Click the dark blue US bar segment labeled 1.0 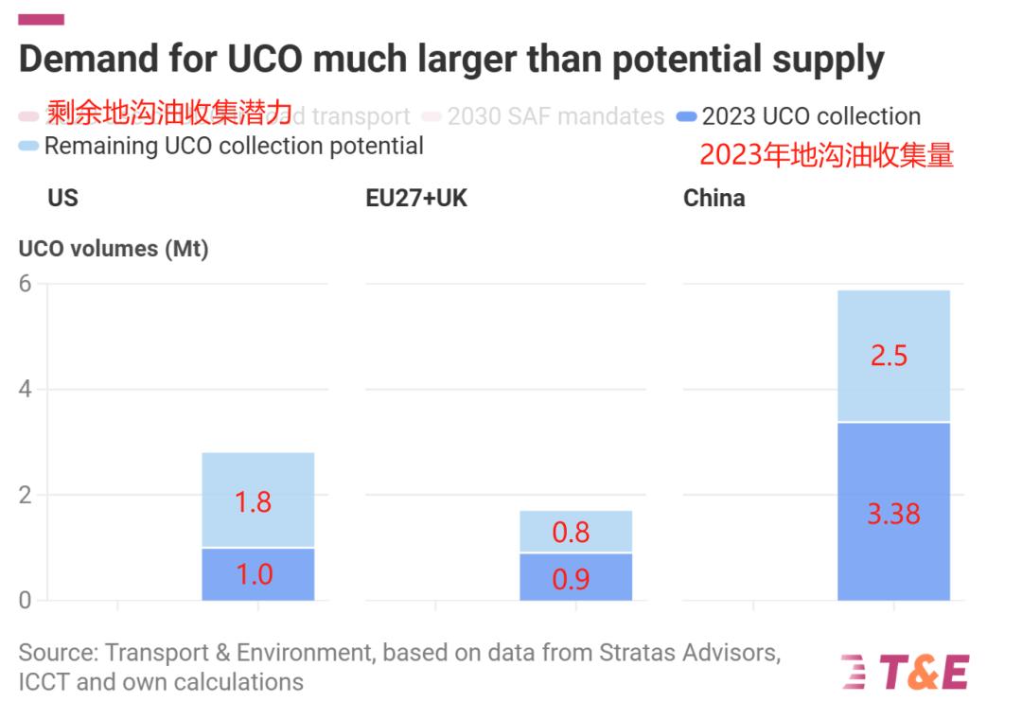tap(257, 574)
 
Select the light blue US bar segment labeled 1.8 tap(257, 500)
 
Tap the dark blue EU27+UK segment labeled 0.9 tap(575, 577)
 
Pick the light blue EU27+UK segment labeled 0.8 tap(575, 532)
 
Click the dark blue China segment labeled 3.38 tap(893, 511)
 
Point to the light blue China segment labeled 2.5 tap(893, 356)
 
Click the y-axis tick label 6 tap(26, 284)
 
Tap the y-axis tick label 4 tap(26, 390)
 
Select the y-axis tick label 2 tap(26, 495)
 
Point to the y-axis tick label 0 tap(26, 600)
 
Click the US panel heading tap(62, 199)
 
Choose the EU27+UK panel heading tap(416, 199)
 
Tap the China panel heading tap(714, 199)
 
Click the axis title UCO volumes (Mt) tap(114, 249)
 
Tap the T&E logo tap(905, 672)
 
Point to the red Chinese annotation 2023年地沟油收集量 tap(826, 154)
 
